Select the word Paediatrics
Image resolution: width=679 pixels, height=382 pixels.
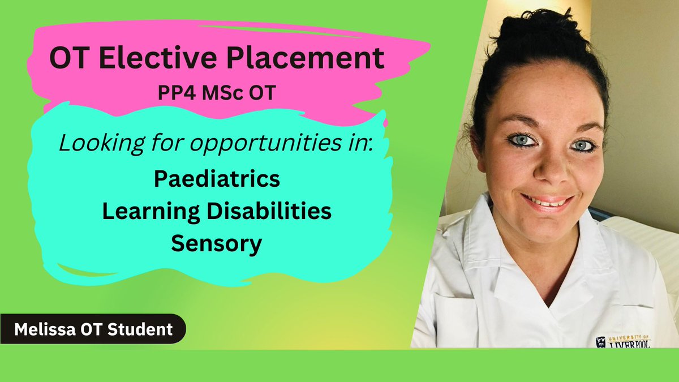[217, 179]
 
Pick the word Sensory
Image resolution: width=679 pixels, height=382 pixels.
[217, 244]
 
